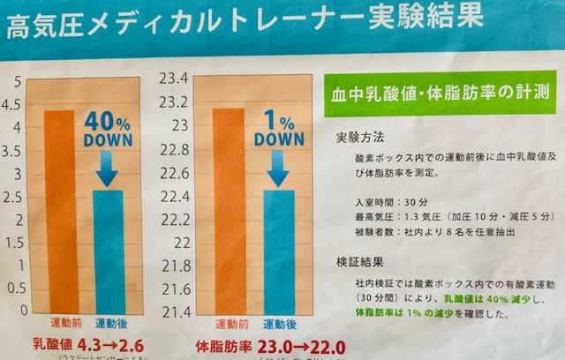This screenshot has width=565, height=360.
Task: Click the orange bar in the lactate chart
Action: coord(59,212)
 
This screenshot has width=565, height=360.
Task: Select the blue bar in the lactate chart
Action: coord(109,251)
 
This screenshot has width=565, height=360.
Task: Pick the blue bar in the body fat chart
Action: coord(279,251)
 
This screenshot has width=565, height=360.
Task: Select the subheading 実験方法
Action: coord(360,139)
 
